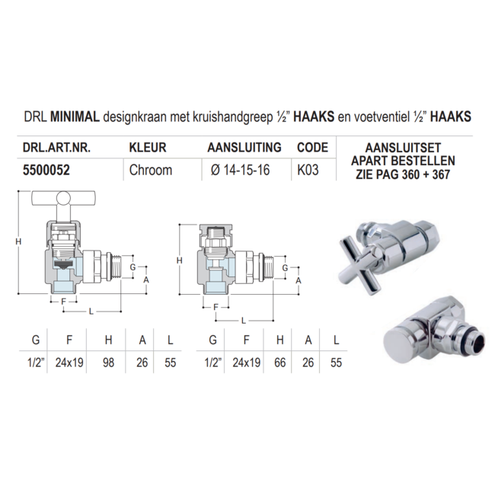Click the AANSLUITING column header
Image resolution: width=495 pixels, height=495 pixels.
244,148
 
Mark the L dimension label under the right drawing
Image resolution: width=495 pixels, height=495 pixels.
243,320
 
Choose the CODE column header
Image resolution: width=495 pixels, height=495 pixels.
311,148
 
